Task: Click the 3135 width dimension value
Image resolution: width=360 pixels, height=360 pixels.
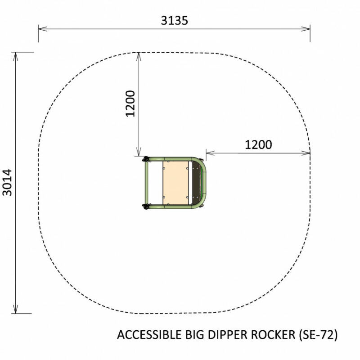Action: tap(174, 20)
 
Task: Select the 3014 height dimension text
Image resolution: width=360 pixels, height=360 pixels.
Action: tap(7, 183)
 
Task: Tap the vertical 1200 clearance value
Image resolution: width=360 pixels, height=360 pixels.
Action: tap(130, 104)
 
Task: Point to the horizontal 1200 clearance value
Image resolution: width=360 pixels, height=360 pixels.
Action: tap(258, 144)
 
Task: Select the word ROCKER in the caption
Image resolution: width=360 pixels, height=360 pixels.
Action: tap(273, 334)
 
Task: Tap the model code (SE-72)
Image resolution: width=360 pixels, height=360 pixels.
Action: tap(319, 335)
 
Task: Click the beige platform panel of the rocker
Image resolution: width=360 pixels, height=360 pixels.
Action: tap(175, 183)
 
